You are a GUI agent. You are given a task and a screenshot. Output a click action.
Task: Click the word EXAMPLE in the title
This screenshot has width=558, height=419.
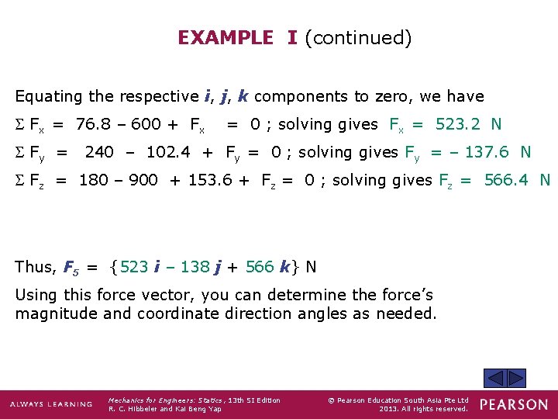(226, 38)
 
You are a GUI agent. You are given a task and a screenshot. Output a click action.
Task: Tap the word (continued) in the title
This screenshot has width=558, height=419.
(358, 38)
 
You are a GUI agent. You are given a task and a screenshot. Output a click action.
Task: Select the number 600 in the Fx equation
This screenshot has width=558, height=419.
(146, 124)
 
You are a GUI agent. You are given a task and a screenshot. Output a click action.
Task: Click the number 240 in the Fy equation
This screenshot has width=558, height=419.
(99, 152)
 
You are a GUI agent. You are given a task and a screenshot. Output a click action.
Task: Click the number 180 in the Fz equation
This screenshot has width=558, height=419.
(94, 180)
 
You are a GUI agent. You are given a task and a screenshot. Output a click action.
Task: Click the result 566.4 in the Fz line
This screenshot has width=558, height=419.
(508, 180)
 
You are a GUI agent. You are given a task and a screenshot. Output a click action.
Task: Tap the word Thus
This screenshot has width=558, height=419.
(34, 267)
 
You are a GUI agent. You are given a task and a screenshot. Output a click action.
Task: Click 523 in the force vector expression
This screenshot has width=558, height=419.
(135, 267)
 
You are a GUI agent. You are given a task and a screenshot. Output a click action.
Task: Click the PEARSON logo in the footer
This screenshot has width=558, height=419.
(513, 404)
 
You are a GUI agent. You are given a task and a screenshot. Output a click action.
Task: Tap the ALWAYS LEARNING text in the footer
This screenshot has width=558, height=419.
(51, 404)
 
